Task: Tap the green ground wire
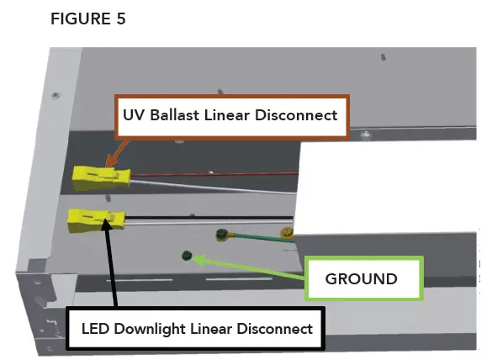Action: [252, 238]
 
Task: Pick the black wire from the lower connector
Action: [210, 220]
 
